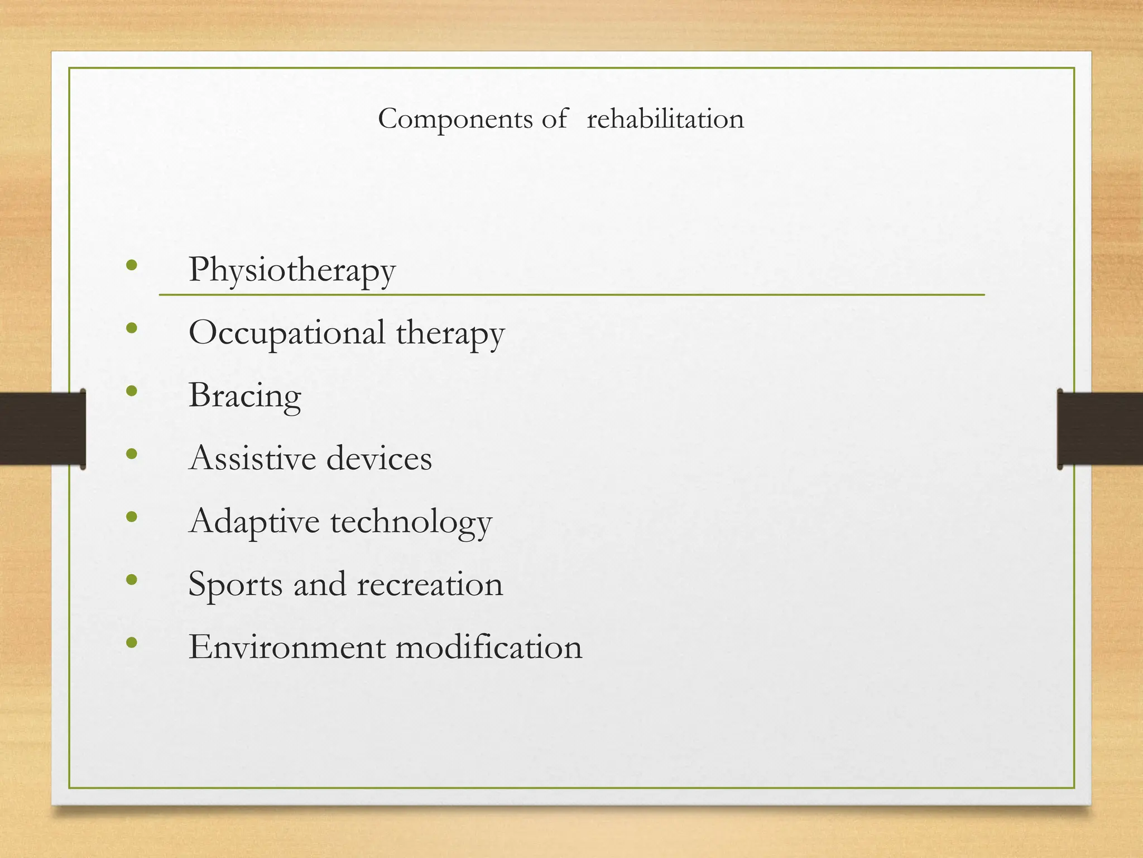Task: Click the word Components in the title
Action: coord(455,119)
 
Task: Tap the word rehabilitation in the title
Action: coord(665,119)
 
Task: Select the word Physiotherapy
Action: coord(292,270)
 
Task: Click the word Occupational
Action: coord(286,333)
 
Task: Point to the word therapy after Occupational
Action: coord(450,333)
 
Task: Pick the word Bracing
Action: coord(244,396)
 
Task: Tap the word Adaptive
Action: coord(254,522)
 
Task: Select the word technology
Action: coord(411,522)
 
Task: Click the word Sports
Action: coord(236,585)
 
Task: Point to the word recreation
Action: coord(430,584)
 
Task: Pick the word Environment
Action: coord(286,647)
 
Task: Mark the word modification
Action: coord(489,647)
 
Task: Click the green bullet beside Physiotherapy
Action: coord(132,265)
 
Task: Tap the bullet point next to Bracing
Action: coord(132,390)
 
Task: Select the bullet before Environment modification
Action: coord(132,643)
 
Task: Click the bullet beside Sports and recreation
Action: coord(132,580)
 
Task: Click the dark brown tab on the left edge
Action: coord(42,428)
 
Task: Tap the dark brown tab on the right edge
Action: coord(1100,428)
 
